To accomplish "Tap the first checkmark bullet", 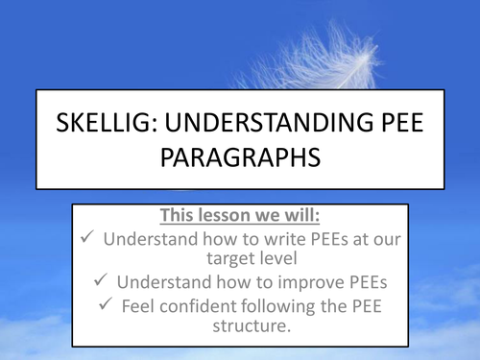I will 86,236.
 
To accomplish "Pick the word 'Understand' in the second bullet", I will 170,282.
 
